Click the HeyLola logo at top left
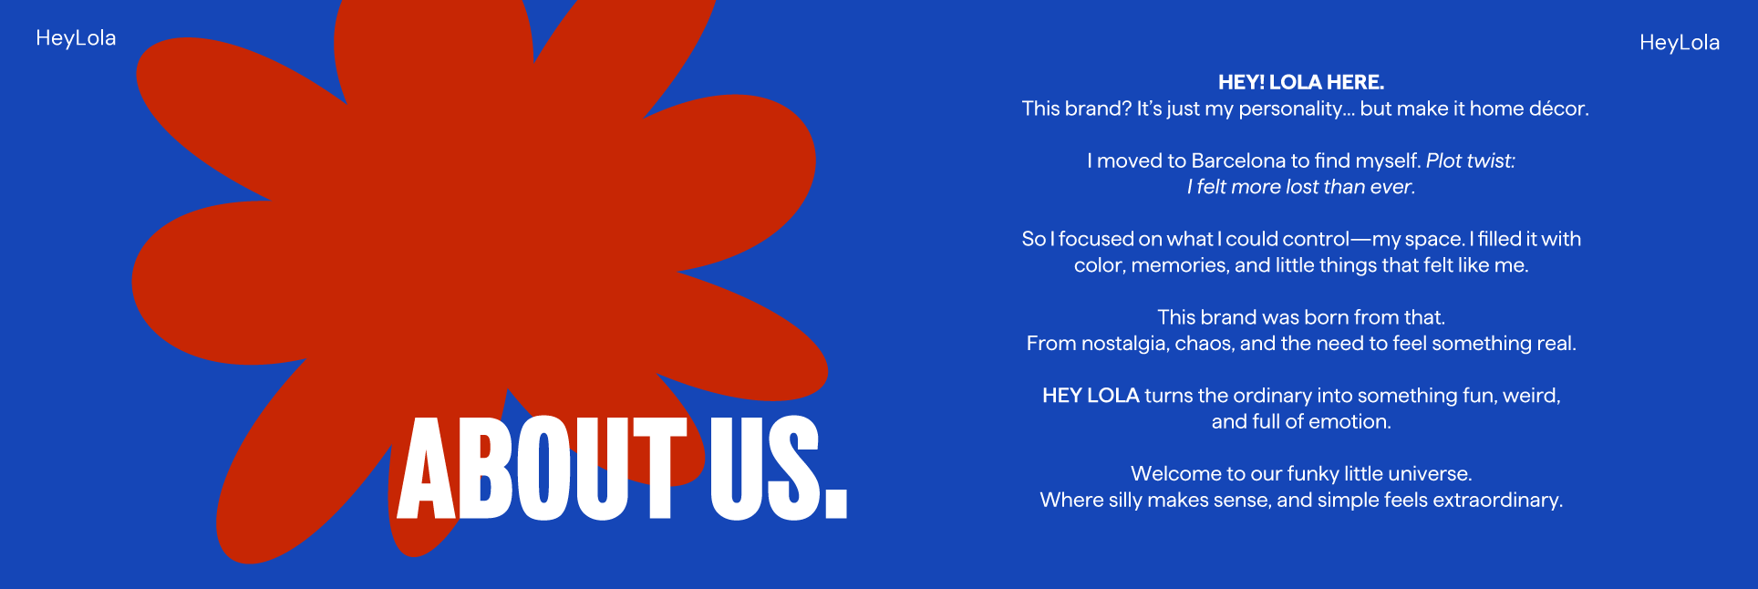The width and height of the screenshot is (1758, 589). click(76, 38)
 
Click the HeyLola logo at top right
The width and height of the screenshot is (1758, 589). click(1680, 43)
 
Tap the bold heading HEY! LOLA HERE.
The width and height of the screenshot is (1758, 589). click(1301, 82)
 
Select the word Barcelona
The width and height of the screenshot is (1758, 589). click(1238, 160)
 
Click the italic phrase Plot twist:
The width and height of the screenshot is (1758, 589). click(1471, 160)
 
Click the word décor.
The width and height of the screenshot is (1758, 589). click(1559, 108)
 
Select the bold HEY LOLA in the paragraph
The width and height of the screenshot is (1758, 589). click(1091, 396)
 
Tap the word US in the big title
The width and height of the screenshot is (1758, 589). click(764, 469)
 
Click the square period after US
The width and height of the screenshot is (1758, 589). click(835, 504)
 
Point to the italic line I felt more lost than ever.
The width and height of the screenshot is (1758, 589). click(1301, 187)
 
